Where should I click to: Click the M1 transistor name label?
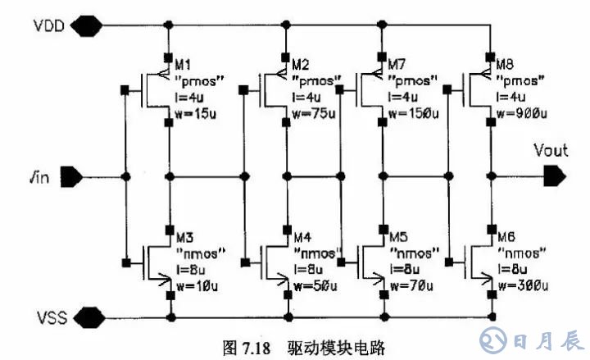(184, 65)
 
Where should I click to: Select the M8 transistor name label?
(507, 63)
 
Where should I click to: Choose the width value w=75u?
(315, 111)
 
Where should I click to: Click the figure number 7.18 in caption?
(254, 347)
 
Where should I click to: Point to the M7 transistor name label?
(400, 65)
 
